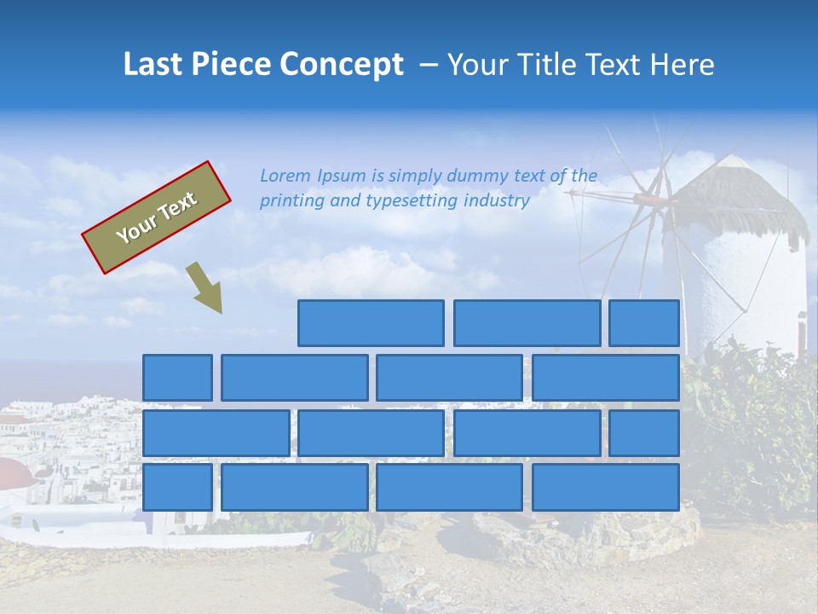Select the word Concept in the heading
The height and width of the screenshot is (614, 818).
point(343,65)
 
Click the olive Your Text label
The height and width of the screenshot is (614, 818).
point(156,217)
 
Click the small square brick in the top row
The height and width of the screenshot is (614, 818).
point(644,323)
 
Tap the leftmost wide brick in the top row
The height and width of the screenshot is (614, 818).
point(371,323)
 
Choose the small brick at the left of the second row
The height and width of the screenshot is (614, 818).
point(177,378)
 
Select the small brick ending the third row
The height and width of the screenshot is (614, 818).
point(644,433)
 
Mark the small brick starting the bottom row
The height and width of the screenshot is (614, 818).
point(177,488)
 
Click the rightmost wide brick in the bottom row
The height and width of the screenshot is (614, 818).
point(606,488)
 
